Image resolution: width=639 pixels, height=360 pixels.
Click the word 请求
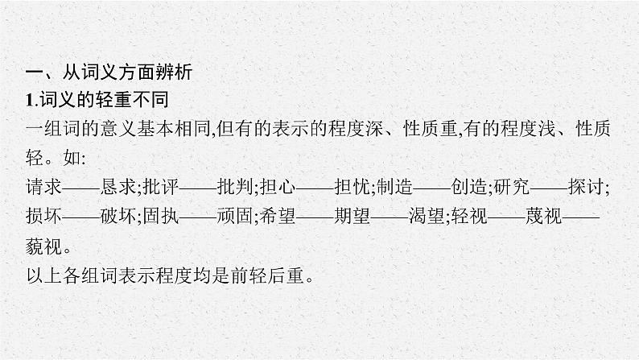[43, 187]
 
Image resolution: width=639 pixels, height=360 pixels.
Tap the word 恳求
[117, 187]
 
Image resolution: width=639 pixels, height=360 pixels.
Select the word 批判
[235, 187]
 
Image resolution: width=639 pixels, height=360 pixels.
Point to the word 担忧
[352, 187]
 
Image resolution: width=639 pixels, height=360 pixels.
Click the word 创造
[468, 187]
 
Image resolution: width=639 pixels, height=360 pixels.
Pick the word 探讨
[586, 187]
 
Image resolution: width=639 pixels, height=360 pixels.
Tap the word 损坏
[43, 216]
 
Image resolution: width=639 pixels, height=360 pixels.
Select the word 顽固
[235, 216]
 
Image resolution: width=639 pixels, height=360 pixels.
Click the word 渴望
[427, 216]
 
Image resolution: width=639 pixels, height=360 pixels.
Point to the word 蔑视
[543, 216]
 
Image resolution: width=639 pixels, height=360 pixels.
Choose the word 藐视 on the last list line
[43, 246]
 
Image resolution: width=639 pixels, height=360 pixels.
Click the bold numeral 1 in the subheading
[29, 101]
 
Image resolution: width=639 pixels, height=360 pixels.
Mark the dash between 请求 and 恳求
[80, 188]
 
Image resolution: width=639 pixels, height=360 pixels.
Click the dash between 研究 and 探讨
[549, 188]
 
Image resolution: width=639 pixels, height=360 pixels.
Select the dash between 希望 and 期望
[315, 217]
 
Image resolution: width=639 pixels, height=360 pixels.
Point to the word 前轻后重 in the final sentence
[267, 275]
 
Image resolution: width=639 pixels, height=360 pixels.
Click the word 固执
[161, 216]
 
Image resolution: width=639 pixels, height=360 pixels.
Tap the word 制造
[394, 187]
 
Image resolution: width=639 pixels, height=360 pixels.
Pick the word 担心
[278, 187]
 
